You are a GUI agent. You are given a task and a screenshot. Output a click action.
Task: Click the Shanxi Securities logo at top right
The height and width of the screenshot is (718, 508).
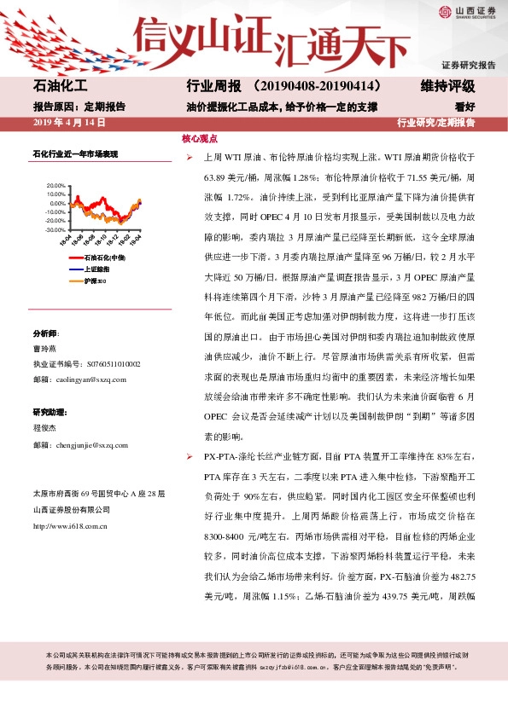tap(466, 11)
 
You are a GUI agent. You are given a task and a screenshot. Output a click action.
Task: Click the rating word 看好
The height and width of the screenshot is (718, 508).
tap(464, 107)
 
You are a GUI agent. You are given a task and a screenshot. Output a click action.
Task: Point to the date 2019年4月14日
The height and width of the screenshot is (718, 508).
tap(69, 123)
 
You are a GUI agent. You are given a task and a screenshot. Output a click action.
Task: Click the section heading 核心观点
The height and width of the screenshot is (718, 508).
tap(200, 137)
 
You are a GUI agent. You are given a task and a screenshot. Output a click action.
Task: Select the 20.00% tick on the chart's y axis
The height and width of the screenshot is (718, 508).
tap(54, 185)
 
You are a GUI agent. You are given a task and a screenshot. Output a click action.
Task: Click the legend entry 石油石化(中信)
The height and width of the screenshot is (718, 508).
tap(104, 257)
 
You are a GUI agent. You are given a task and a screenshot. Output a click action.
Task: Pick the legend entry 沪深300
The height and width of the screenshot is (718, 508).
tap(94, 281)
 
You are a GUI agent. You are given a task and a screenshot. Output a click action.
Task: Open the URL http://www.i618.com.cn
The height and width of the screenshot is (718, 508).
tap(73, 525)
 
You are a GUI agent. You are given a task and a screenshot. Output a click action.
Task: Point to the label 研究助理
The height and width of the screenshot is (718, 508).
tap(49, 413)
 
